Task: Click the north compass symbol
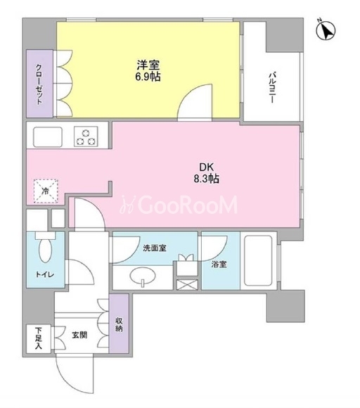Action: coord(326,30)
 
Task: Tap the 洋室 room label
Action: coord(148,65)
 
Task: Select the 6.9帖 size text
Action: coord(148,77)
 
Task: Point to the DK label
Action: coord(206,167)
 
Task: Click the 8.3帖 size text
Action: coord(206,179)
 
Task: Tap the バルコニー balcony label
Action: coord(272,88)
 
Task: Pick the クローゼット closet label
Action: coord(39,84)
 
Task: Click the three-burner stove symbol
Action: coord(86,136)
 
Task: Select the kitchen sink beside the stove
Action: coord(48,137)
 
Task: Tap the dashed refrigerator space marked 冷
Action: coord(46,191)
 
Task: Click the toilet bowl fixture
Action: coord(45,248)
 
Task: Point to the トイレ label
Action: coord(45,274)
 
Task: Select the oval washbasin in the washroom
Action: coord(143,276)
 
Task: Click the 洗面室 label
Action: coord(155,248)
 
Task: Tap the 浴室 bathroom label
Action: coord(219,264)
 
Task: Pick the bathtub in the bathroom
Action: coord(259,261)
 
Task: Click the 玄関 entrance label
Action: coord(79,335)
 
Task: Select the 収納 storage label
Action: coord(119,324)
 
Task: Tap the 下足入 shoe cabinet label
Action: coord(39,338)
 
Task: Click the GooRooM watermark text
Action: coord(179,205)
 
